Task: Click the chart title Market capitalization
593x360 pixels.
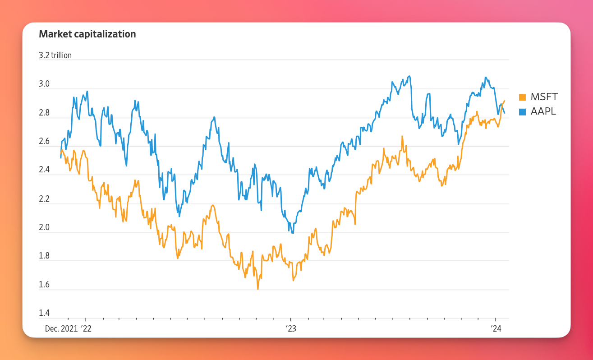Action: coord(87,34)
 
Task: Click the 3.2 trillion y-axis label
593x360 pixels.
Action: coord(55,55)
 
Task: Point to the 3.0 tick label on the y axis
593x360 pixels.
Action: coord(44,84)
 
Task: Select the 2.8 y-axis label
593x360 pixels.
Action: coord(44,113)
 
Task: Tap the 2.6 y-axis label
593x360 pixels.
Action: coord(44,141)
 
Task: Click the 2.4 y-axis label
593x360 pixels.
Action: coord(44,170)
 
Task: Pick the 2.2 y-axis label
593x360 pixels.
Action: coord(44,198)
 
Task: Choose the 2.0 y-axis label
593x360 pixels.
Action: coord(44,227)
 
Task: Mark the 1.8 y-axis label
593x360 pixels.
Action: coord(44,256)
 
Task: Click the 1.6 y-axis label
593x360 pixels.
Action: coord(44,285)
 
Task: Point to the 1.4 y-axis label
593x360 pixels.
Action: coord(44,313)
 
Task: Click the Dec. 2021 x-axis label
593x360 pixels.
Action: coord(61,329)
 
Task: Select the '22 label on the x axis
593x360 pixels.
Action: coord(86,329)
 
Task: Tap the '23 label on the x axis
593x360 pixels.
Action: coord(291,329)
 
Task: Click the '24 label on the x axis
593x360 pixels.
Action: coord(496,329)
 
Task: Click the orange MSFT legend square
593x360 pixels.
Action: coord(522,97)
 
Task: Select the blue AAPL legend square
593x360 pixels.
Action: coord(522,112)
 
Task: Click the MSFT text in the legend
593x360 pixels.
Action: coord(544,97)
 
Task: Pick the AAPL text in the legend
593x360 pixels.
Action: coord(543,111)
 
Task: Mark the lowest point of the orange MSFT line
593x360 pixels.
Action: coord(258,289)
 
